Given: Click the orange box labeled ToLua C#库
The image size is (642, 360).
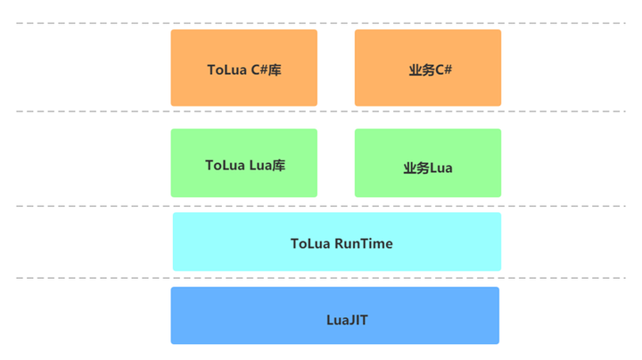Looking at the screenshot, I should tap(243, 68).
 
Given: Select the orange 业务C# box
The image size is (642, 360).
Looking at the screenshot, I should tap(427, 68).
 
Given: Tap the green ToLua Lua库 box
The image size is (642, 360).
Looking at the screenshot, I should tap(243, 163).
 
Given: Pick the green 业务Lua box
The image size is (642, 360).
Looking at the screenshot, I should tap(427, 163).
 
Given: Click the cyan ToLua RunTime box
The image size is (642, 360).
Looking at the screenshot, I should tap(336, 241).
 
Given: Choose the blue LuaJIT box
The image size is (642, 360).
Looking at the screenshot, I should tap(334, 315).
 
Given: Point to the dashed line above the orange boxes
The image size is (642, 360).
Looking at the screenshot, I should tap(89, 23).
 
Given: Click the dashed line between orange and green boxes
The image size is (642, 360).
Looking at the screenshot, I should tap(89, 111).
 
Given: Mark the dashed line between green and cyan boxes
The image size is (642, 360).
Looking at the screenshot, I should tap(89, 206).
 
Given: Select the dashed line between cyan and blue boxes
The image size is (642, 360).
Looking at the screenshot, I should tap(89, 278).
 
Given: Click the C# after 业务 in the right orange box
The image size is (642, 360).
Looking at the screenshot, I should tap(443, 70).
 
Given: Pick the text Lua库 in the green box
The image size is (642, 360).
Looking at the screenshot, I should tap(267, 165).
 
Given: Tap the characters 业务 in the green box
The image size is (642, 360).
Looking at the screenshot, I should tap(416, 168).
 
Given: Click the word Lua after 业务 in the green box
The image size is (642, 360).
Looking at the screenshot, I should tap(441, 168).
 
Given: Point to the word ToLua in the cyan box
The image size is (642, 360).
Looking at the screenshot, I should tap(310, 243).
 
